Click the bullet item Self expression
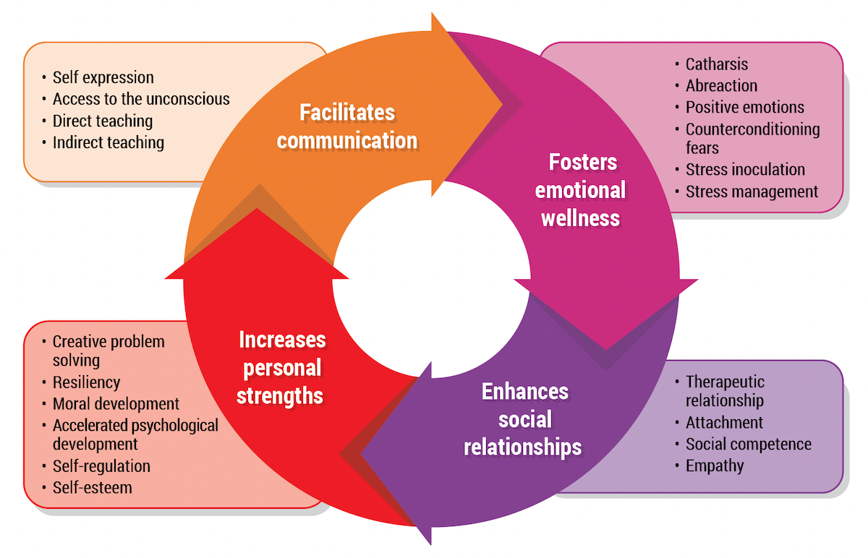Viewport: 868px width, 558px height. pos(103,77)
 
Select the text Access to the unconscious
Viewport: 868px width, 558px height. pos(141,99)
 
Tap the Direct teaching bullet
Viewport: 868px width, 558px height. pos(103,121)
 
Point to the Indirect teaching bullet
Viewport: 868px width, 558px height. pos(109,142)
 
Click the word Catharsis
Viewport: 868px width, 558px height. pos(717,64)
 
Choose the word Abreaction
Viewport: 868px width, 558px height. pos(722,85)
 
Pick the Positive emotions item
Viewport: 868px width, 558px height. pos(745,107)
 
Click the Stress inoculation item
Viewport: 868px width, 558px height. pos(745,170)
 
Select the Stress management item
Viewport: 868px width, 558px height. pos(752,192)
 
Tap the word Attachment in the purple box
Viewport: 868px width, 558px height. pos(724,422)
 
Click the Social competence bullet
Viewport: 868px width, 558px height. pos(748,444)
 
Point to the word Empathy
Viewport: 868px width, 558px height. pos(715,465)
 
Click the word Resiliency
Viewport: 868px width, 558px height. pos(86,382)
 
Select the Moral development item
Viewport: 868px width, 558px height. pos(116,404)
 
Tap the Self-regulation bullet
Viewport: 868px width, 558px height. pos(101,466)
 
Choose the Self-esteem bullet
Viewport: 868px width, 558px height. pos(93,488)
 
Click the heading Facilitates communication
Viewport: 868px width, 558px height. pos(347,126)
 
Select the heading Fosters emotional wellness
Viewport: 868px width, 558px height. pos(580,190)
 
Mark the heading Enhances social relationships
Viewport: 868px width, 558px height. pos(523,419)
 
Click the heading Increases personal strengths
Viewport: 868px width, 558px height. pos(281,368)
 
